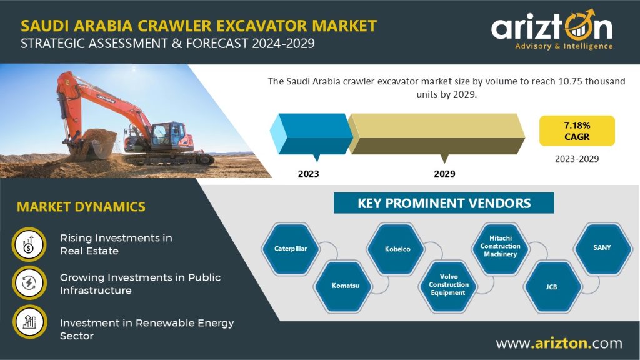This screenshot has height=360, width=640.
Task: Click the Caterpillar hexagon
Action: (291, 249)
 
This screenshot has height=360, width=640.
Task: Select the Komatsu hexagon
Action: (345, 286)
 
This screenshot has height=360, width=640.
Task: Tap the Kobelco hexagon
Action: (397, 249)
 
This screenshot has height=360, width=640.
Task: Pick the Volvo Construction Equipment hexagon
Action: (449, 285)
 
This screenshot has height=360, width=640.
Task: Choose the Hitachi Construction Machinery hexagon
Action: (501, 246)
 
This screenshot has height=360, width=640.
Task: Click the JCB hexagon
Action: (551, 287)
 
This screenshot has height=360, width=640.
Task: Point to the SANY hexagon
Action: (602, 247)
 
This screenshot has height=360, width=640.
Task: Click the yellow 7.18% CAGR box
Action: (577, 131)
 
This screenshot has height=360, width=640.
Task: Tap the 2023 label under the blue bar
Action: (308, 174)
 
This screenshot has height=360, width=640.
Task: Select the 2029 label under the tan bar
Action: (444, 174)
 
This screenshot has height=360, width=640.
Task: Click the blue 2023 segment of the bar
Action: (311, 134)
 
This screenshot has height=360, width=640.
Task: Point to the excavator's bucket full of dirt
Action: (96, 144)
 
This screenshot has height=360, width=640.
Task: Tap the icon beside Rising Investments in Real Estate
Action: (29, 244)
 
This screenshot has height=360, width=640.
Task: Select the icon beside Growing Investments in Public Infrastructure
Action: (29, 283)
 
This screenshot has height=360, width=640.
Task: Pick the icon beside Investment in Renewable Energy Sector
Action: (29, 322)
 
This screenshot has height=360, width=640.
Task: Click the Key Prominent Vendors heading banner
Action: (444, 203)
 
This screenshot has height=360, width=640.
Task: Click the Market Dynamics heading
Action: (81, 206)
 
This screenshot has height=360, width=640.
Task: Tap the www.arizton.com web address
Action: (559, 343)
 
